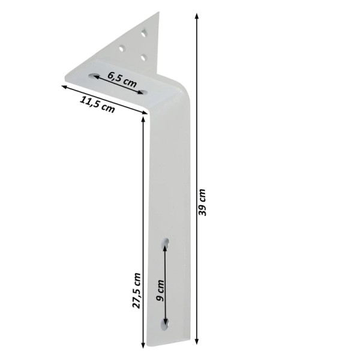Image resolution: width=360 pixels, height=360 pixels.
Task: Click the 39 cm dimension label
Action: pos(202,203)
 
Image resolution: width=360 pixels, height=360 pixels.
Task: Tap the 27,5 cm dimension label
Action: pos(136,290)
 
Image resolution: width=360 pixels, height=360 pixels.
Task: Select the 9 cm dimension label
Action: pos(160,290)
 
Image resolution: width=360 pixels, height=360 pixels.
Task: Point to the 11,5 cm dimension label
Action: pos(97,104)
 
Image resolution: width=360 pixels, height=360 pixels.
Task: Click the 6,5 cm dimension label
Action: pos(122,80)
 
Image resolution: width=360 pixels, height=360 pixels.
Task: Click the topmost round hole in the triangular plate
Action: pos(144,33)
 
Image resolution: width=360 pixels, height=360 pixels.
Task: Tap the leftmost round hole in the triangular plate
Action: pos(122,49)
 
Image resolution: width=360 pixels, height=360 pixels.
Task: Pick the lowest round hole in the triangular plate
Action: pos(143,58)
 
